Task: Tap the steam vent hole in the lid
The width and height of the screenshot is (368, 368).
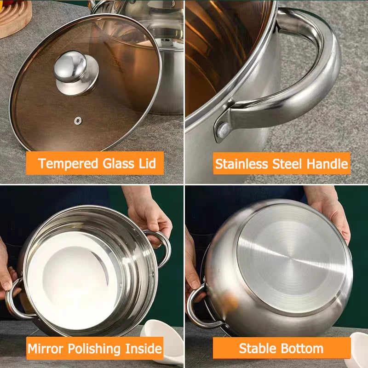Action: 78,121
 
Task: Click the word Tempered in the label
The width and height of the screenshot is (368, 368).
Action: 68,163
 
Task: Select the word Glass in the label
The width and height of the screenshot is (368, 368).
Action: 119,163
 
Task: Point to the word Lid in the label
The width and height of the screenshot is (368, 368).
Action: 147,163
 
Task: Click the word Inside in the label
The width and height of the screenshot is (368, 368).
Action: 143,348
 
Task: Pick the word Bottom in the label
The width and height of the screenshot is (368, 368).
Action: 304,348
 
